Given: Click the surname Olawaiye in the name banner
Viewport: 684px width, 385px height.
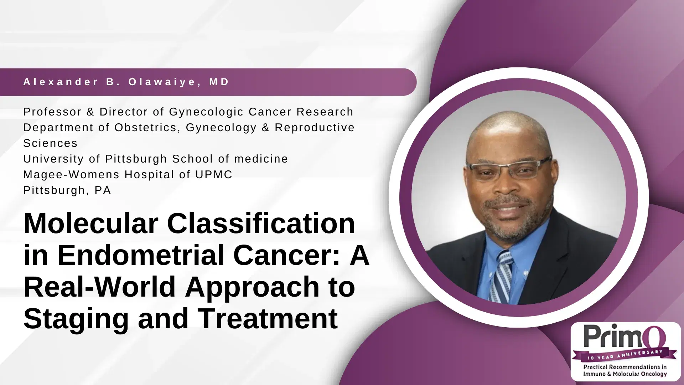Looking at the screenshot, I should [162, 82].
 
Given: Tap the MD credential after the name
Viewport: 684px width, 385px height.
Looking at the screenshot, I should [219, 82].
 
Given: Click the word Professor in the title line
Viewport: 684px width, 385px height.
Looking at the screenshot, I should [52, 112].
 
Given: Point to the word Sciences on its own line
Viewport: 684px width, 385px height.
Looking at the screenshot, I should [50, 143].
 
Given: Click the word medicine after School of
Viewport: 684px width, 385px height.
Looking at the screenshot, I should [261, 159].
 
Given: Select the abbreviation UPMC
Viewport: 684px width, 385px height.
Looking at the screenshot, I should [214, 175].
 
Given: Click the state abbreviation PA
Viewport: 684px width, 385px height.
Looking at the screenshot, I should [103, 190].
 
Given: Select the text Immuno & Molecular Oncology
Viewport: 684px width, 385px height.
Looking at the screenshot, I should [625, 374].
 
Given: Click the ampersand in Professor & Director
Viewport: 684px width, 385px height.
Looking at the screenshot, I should [90, 112].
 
